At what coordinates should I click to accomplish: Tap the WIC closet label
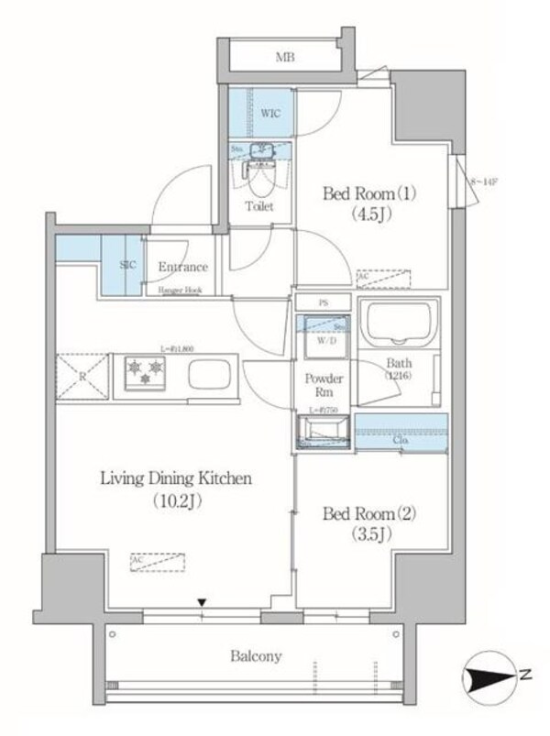point(269,113)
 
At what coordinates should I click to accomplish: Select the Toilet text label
point(259,206)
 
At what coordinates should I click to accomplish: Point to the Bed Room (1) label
point(358,194)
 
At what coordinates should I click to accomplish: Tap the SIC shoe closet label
point(128,267)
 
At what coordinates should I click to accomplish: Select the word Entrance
point(182,267)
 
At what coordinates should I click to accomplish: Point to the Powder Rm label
point(323,386)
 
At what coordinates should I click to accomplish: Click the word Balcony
point(256,656)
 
